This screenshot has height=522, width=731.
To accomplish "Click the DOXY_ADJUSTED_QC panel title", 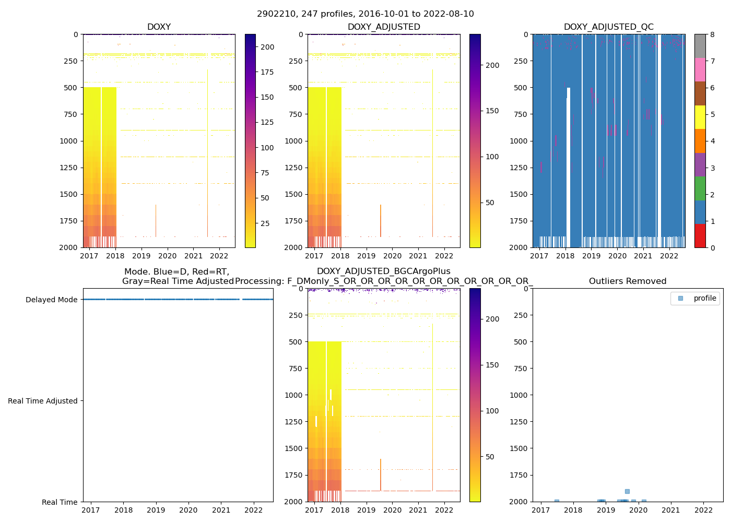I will coord(608,27).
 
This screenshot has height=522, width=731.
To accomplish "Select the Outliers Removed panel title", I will coord(628,281).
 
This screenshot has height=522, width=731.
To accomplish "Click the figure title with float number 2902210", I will coord(365,14).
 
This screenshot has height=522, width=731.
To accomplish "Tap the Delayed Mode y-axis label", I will coord(51,300).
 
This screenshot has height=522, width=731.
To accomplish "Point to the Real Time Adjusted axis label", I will coord(42,401).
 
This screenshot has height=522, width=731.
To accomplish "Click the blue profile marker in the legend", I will coord(680,298).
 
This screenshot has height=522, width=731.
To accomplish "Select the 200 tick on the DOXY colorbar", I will coord(267,47).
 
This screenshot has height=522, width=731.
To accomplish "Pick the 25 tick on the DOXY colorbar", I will coord(265,223).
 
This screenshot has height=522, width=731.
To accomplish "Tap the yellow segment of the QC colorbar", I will coord(700,117).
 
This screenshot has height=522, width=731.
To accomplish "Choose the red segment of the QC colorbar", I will coord(700,235).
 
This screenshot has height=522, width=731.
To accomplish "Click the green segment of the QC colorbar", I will coord(700,188).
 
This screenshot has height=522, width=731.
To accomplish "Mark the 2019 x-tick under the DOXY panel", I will coord(141,256).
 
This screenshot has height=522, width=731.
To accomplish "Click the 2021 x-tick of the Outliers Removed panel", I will coord(671,510).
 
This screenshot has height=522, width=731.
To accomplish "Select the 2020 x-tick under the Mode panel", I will coord(188,510).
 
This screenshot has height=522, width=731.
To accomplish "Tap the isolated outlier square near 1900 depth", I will coord(627,491).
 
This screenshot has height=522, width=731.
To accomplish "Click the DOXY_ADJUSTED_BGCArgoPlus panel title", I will coord(384,271).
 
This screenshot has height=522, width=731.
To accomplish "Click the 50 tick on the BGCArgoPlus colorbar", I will coord(490,457).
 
